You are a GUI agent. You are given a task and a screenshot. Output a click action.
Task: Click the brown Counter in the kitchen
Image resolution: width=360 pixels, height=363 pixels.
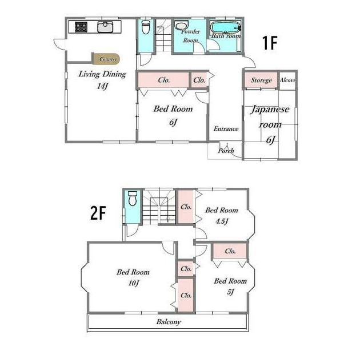point(106,59)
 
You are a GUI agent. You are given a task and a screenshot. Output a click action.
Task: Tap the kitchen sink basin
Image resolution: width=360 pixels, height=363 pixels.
point(105,27)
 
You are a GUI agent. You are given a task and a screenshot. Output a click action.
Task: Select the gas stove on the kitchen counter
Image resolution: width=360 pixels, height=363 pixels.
point(81,27)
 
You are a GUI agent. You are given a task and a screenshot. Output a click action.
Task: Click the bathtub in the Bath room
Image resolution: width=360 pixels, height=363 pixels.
point(225,28)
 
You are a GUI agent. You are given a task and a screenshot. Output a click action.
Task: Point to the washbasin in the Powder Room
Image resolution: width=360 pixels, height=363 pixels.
point(181,25)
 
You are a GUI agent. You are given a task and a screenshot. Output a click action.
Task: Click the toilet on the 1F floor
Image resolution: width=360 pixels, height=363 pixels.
point(146,27)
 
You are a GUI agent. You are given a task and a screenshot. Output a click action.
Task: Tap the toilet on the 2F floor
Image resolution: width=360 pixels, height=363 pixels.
point(133,199)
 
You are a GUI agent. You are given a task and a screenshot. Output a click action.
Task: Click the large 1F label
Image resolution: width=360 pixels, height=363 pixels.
point(270,43)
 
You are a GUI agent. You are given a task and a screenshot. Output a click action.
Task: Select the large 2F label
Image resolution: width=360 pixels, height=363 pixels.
point(98,213)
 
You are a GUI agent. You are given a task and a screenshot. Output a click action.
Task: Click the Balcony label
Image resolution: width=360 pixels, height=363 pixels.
point(169,322)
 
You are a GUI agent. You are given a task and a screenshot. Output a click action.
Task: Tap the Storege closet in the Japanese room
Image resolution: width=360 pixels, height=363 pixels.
point(261,80)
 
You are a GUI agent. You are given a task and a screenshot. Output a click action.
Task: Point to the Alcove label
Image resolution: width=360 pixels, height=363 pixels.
point(288,80)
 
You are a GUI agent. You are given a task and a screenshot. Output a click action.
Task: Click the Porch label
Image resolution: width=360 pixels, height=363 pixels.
point(226,151)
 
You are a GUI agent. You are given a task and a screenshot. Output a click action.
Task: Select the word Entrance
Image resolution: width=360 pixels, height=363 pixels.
point(226,129)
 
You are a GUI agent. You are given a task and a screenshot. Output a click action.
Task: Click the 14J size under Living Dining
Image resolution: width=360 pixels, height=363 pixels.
point(103,86)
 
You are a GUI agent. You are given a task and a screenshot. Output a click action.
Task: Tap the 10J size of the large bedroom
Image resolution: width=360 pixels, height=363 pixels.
point(134,283)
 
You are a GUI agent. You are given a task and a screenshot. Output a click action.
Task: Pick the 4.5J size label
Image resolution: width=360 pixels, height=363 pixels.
point(222,221)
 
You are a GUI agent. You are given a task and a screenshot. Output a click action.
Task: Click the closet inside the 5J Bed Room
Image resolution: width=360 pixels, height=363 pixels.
point(230,251)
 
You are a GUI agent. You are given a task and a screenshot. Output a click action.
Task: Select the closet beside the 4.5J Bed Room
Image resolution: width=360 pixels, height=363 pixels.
point(186,207)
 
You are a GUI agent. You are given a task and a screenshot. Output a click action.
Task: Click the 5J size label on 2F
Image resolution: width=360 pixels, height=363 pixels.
point(230,292)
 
